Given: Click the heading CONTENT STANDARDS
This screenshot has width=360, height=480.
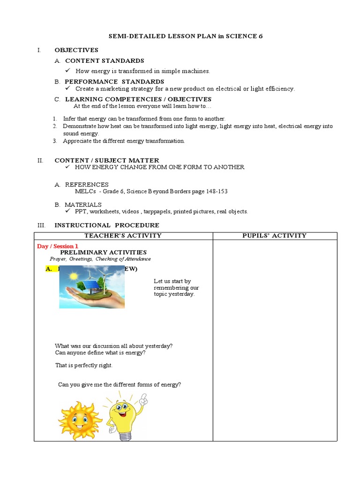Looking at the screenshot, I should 104,60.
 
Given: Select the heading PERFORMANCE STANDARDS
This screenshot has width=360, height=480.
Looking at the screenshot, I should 114,82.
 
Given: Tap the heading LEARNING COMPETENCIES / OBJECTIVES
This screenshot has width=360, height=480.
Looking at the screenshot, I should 138,99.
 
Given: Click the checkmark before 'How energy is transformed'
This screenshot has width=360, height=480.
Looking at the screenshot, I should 68,71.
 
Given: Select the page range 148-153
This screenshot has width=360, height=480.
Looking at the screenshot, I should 217,191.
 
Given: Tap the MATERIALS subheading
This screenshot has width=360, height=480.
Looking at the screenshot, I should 83,205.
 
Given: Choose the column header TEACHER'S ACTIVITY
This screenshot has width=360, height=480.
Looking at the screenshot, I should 123,236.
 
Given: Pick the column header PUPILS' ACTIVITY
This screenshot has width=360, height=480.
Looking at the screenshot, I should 274,236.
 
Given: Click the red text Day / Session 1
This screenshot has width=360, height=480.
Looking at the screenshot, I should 58,246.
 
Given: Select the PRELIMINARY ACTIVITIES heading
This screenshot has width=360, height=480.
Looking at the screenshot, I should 103,252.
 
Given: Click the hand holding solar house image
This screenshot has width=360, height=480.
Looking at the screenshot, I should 92,287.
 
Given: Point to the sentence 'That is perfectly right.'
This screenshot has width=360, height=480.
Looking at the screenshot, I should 84,365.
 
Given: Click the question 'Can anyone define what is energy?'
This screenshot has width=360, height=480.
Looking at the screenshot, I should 100,352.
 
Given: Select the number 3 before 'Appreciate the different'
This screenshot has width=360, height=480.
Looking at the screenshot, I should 55,141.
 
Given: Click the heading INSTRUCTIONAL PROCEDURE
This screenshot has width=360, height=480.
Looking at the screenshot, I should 107,225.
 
